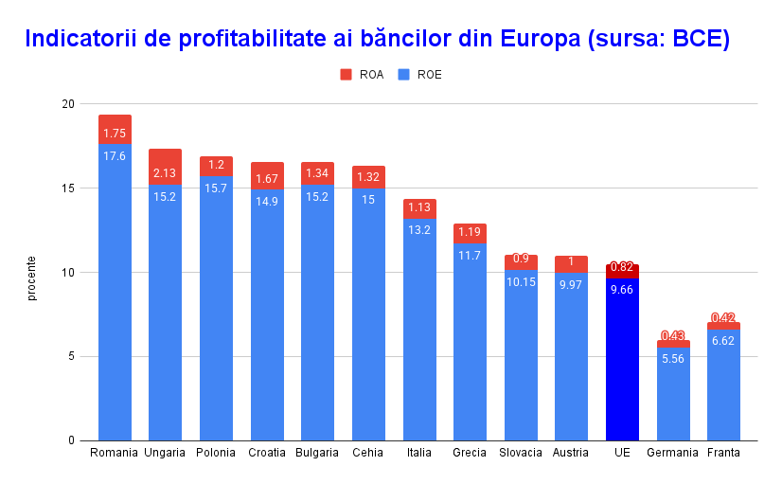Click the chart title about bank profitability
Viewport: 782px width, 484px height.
click(377, 40)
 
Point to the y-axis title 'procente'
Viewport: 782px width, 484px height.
click(31, 278)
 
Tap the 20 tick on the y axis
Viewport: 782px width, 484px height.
click(68, 104)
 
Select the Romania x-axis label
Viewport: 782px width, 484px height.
click(115, 453)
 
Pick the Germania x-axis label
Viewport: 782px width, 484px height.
click(673, 453)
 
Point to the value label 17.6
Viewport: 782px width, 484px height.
click(115, 155)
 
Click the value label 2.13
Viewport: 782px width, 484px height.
click(165, 173)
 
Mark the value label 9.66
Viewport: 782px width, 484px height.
click(622, 290)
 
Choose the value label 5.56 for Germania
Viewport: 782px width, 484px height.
click(673, 359)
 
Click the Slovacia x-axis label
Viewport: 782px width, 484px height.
click(521, 453)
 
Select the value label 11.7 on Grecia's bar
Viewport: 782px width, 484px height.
click(470, 255)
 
